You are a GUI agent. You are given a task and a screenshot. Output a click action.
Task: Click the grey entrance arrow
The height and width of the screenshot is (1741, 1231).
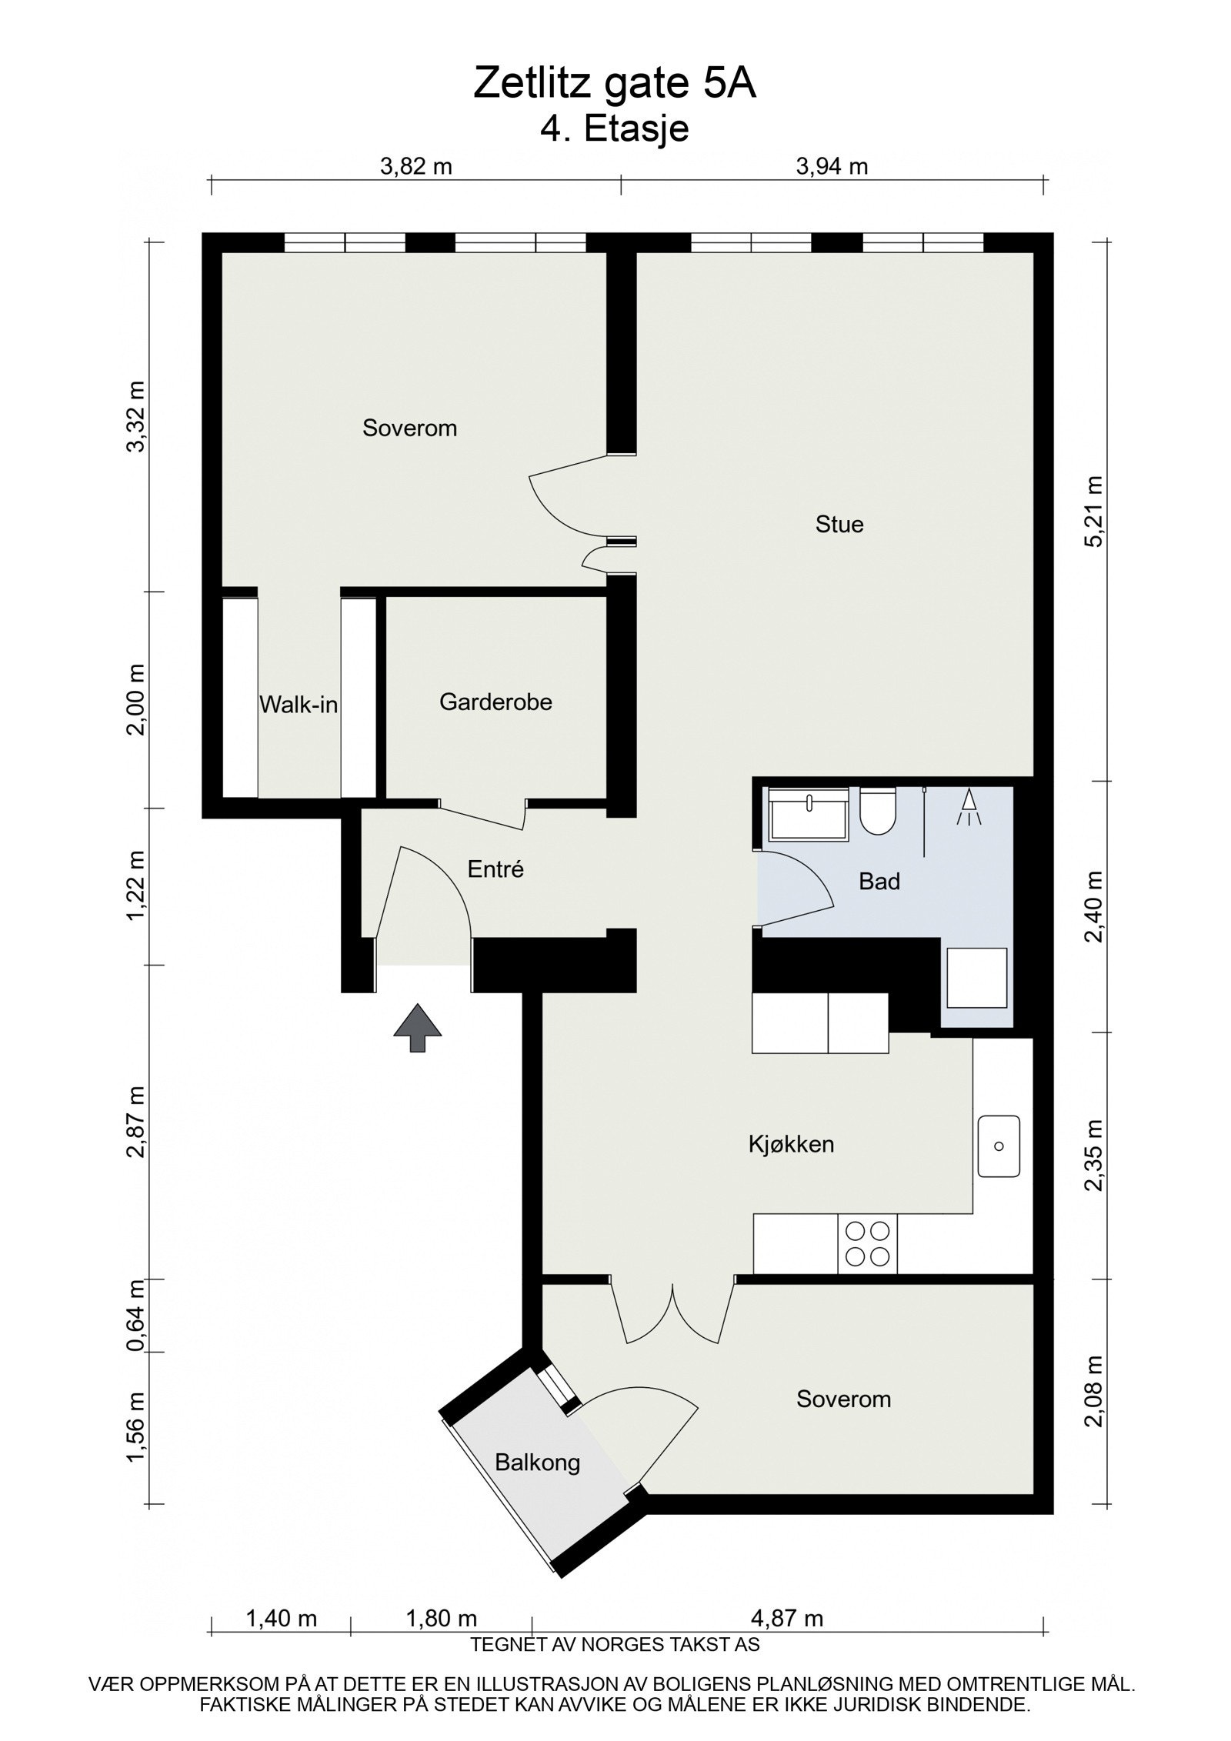coord(418,1028)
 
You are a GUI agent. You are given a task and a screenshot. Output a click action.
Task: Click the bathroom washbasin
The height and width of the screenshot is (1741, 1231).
coord(809,812)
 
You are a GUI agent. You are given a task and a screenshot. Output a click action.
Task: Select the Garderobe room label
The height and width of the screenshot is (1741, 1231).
coord(495,702)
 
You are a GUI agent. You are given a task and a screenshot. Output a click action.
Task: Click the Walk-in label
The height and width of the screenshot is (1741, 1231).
coord(299,704)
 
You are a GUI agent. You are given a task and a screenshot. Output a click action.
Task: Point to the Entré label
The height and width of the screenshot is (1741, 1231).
coord(495,869)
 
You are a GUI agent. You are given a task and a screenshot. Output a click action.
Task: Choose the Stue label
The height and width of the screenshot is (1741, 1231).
coord(839,525)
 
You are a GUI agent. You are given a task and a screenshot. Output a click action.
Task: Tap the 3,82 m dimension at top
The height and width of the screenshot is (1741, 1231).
coord(416,166)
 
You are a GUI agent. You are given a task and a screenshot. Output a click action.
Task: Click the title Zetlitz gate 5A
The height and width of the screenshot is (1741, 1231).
coord(615,84)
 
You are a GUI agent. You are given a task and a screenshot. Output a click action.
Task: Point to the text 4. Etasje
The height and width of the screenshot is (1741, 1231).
coord(615,128)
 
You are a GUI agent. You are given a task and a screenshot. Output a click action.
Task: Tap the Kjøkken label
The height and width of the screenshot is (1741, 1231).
coord(791,1144)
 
